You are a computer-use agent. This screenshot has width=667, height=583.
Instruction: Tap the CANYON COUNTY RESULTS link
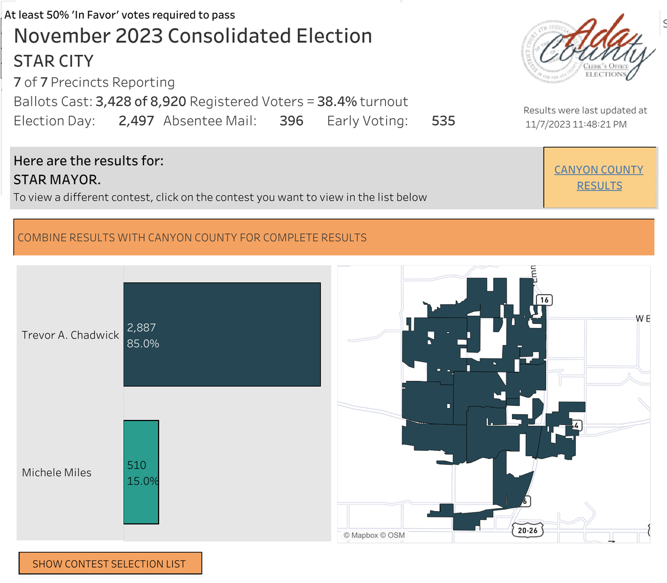[x=599, y=178]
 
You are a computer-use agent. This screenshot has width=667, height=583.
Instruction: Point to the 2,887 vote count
[x=142, y=328]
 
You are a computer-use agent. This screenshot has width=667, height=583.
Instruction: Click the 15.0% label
[x=143, y=481]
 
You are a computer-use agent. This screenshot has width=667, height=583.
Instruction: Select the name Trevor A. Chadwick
[x=70, y=335]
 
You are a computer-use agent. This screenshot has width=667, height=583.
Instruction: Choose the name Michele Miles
[x=57, y=472]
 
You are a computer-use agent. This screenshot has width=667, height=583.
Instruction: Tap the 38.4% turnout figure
[x=336, y=102]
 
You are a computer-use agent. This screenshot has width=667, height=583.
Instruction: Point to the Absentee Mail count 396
[x=291, y=121]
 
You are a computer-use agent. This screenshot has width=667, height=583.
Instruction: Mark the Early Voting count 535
[x=443, y=121]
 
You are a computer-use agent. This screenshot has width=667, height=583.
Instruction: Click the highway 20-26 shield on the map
[x=527, y=530]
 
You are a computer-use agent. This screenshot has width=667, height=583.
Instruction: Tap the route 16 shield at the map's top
[x=544, y=300]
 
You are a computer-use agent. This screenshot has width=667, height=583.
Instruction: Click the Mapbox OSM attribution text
[x=374, y=535]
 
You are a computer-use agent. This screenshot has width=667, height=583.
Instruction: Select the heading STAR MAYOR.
[x=57, y=179]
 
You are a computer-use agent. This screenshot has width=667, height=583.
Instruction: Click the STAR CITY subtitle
[x=53, y=61]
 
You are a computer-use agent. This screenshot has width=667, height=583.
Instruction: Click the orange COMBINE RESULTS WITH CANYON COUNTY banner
[x=333, y=237]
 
